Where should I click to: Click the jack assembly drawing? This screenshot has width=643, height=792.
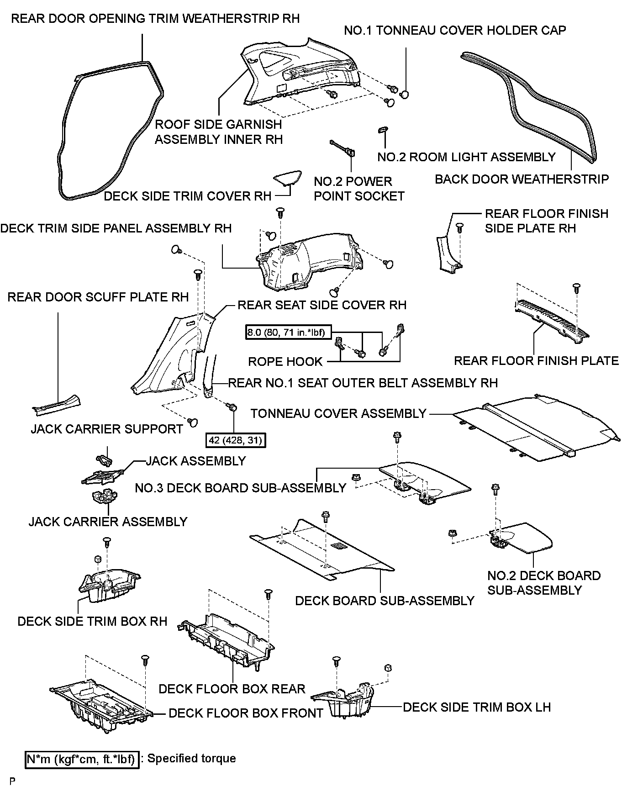point(103,477)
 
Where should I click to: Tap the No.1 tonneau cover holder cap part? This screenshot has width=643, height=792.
point(404,95)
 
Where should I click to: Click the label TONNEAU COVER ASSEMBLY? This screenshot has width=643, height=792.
point(338,413)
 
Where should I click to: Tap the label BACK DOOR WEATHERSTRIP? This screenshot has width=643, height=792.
point(522,179)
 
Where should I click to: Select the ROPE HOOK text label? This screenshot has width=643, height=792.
point(285,362)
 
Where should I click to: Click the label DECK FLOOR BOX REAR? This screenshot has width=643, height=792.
point(232,689)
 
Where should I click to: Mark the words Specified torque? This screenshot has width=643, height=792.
point(191,759)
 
